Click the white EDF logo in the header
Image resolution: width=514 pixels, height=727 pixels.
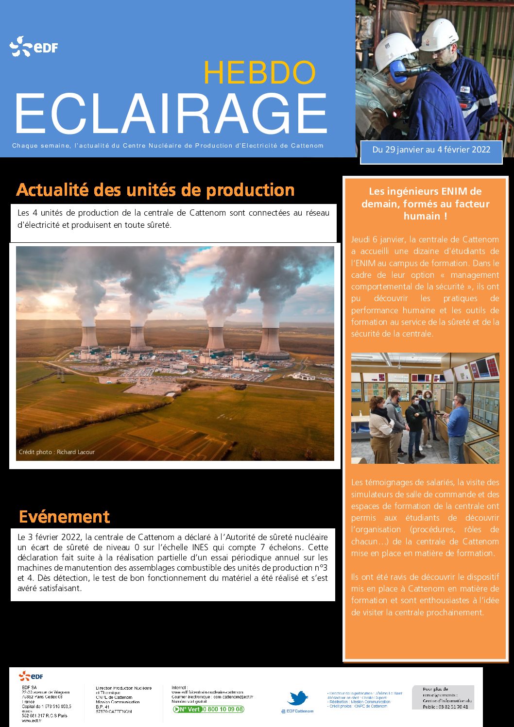(x=34, y=47)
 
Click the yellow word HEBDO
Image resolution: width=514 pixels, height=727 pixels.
(x=259, y=72)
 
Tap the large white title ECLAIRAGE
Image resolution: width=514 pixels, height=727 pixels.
(x=171, y=114)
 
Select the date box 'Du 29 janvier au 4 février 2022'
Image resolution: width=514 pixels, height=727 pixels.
(x=431, y=150)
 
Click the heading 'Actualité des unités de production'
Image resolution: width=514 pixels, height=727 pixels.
(x=155, y=190)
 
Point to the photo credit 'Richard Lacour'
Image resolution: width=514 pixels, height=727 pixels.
(x=75, y=452)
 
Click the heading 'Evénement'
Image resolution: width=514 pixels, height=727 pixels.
(x=64, y=517)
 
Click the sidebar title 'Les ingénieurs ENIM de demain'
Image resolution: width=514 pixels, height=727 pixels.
(x=425, y=203)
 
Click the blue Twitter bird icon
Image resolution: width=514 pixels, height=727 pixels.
(x=297, y=698)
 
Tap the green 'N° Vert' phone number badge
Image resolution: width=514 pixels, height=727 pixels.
(x=208, y=709)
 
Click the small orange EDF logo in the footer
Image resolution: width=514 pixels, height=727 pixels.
(x=31, y=676)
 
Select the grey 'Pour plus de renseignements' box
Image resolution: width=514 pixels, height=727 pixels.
(x=443, y=697)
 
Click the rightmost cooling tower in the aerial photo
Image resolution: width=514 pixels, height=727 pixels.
(x=270, y=342)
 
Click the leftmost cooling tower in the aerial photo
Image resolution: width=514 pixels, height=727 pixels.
(x=89, y=338)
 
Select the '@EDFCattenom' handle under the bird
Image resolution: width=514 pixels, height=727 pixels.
(x=297, y=711)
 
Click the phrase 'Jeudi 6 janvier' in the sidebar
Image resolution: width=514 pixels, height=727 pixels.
(x=377, y=239)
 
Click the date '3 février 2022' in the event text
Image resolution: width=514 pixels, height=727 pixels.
(x=54, y=537)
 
